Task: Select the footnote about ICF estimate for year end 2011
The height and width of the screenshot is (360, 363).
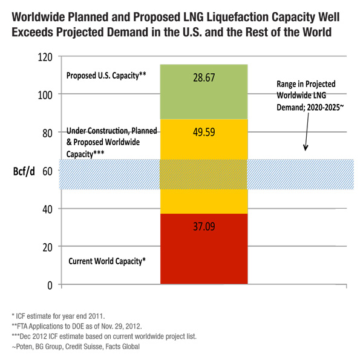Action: point(57,316)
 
